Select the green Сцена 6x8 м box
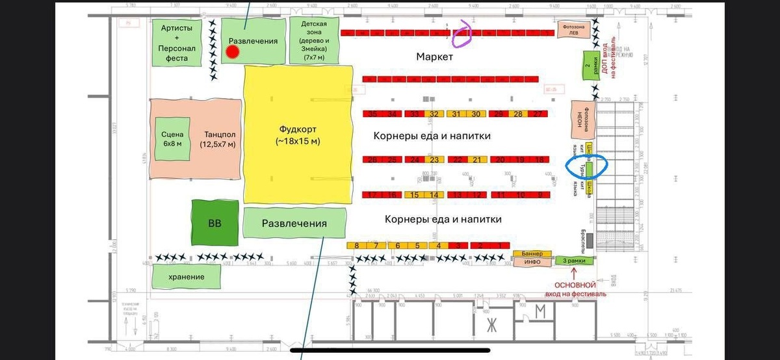point(173,139)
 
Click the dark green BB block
point(214,224)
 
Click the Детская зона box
point(318,40)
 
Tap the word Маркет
point(434,57)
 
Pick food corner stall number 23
point(435,160)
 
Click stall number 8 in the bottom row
point(357,246)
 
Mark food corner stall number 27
point(537,114)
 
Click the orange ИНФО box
point(532,263)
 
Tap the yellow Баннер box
point(532,253)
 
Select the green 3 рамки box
point(574,261)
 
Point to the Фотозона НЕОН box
point(580,120)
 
